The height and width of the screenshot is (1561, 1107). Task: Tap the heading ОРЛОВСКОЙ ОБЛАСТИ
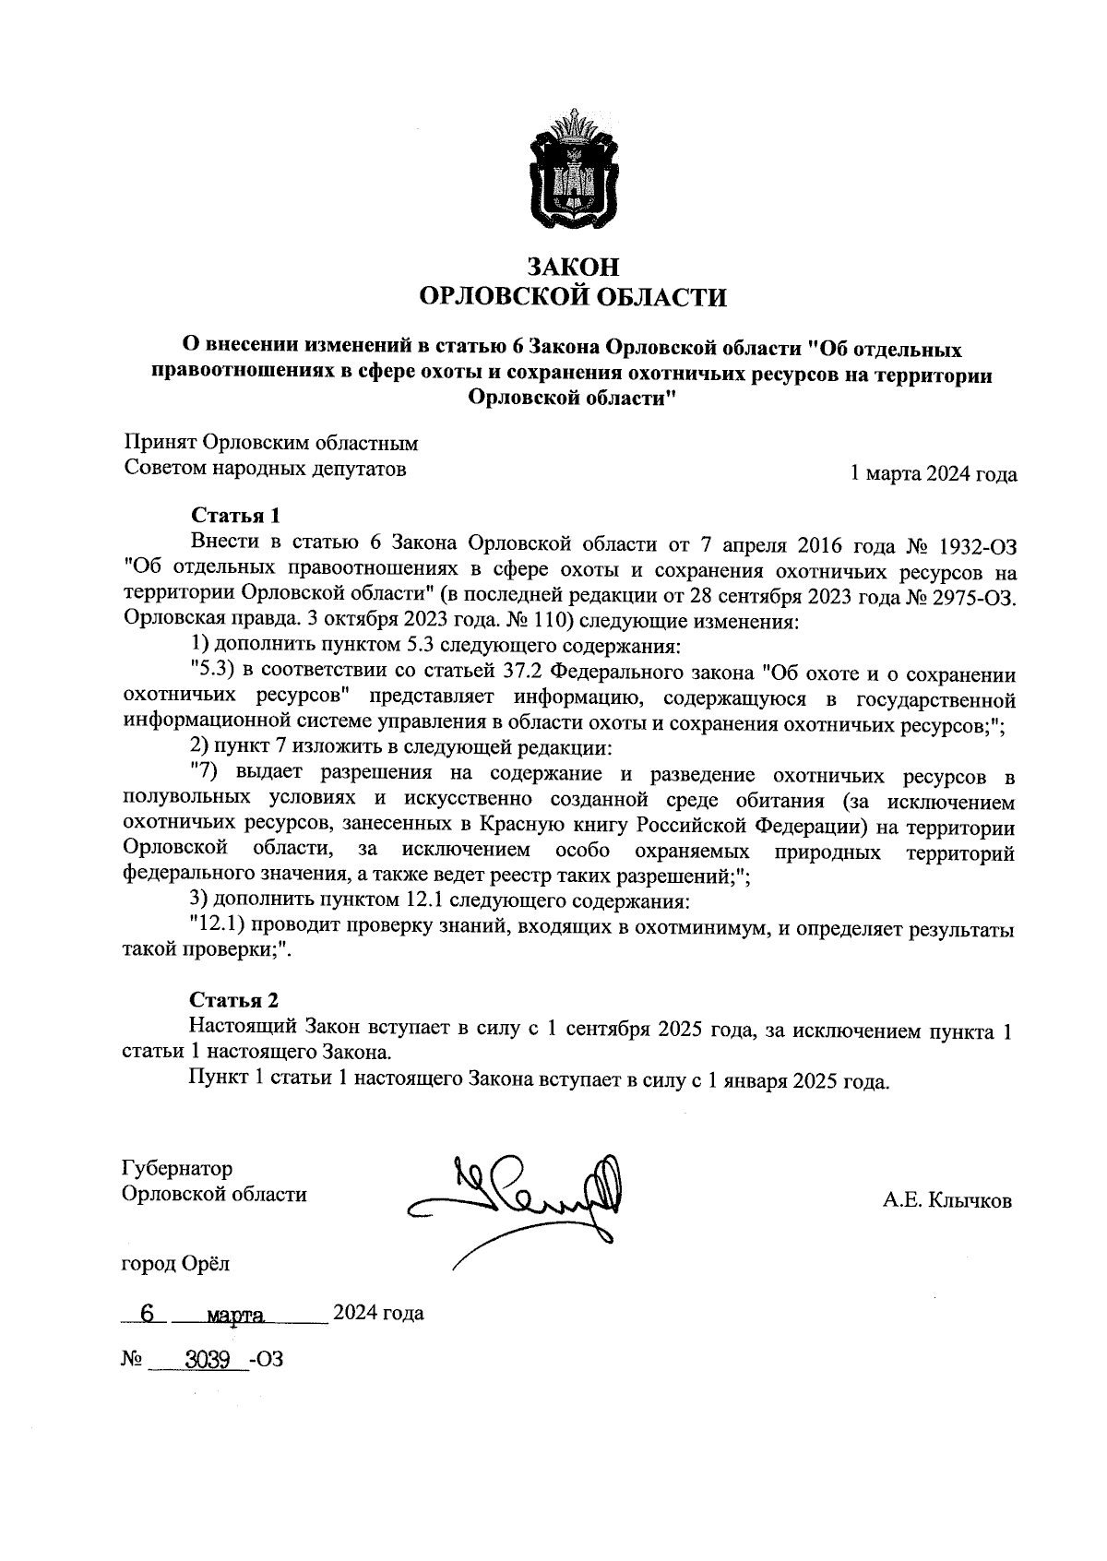coord(572,297)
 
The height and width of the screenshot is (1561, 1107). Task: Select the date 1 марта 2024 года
coord(933,474)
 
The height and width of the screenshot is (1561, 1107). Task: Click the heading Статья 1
coord(234,515)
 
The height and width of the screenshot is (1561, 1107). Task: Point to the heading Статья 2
coord(234,1000)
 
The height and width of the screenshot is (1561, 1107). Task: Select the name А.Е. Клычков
coord(946,1201)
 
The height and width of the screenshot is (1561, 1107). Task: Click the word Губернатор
coord(177,1169)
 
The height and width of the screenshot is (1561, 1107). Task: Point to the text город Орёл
coord(176,1263)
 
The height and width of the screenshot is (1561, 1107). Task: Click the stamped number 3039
coord(208,1359)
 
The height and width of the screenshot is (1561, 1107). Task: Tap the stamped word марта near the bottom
coord(237,1314)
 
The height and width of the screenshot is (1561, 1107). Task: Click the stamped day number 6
coord(145,1313)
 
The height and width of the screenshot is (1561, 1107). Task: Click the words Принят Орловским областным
coord(271,443)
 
